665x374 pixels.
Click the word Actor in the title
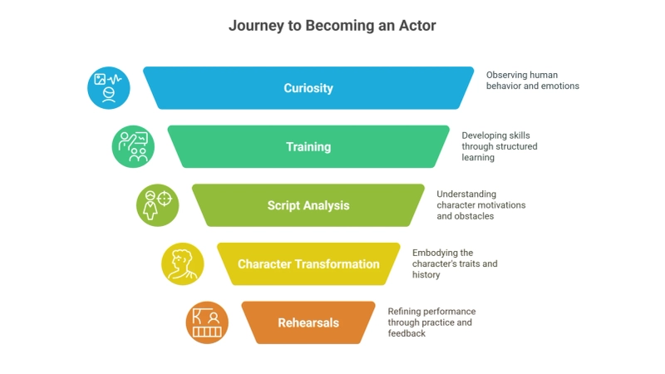417,26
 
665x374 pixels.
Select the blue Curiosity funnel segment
308,88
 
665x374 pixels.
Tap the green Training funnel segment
308,147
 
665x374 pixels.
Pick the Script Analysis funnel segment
308,205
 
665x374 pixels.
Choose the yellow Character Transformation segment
308,264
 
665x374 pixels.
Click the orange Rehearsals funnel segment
308,322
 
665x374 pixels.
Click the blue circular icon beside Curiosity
109,88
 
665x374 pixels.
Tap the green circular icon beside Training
133,147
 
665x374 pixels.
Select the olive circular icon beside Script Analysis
158,205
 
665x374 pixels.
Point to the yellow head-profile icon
182,264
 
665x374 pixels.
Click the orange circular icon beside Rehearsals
207,322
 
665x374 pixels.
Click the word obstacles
475,216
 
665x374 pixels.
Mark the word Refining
407,312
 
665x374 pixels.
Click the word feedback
407,333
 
